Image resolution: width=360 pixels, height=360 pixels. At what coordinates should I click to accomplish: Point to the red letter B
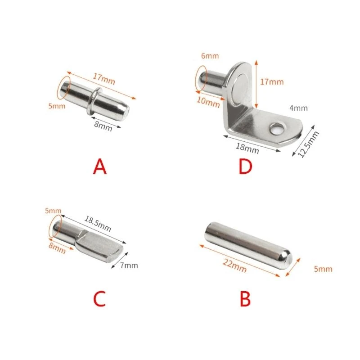click(244, 299)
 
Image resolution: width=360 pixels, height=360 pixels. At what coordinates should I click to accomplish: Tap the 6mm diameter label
click(210, 56)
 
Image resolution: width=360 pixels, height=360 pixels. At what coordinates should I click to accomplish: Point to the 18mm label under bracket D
click(247, 147)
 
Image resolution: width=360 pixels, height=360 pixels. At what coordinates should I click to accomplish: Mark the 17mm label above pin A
click(104, 78)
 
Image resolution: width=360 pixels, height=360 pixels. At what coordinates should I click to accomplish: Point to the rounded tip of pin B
click(285, 260)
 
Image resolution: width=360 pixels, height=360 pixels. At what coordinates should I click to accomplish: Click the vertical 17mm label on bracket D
click(272, 81)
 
